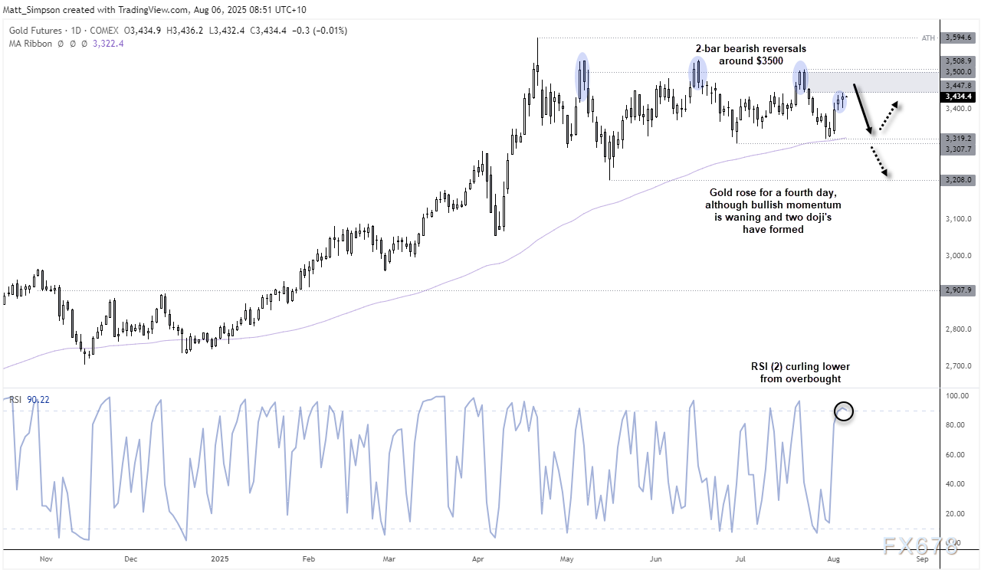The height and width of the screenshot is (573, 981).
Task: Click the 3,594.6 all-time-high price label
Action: [x=959, y=37]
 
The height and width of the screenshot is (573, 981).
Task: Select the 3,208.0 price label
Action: [x=959, y=180]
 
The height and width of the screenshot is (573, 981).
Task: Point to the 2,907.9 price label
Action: [x=959, y=290]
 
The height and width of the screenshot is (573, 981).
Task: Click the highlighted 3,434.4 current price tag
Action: [x=959, y=97]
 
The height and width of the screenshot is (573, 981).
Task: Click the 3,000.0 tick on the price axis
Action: [x=958, y=256]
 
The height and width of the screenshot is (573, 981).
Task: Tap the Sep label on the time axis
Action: [x=922, y=559]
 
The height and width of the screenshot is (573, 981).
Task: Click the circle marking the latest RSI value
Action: [x=844, y=411]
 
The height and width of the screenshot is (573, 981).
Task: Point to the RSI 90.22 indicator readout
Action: [x=28, y=400]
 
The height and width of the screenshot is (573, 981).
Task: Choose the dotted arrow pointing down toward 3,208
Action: [x=881, y=162]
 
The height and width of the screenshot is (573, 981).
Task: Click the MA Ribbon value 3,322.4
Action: [x=107, y=44]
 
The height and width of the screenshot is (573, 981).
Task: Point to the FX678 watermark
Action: [x=920, y=545]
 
